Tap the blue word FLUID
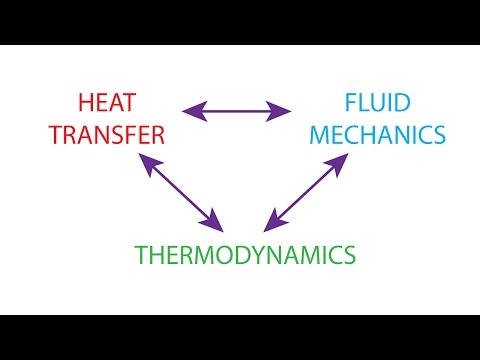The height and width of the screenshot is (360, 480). tap(372, 102)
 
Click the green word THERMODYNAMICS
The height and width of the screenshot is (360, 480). tap(246, 255)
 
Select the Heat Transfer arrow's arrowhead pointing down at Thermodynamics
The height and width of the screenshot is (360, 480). tap(214, 220)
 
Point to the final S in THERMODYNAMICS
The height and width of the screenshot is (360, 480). tap(348, 255)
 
